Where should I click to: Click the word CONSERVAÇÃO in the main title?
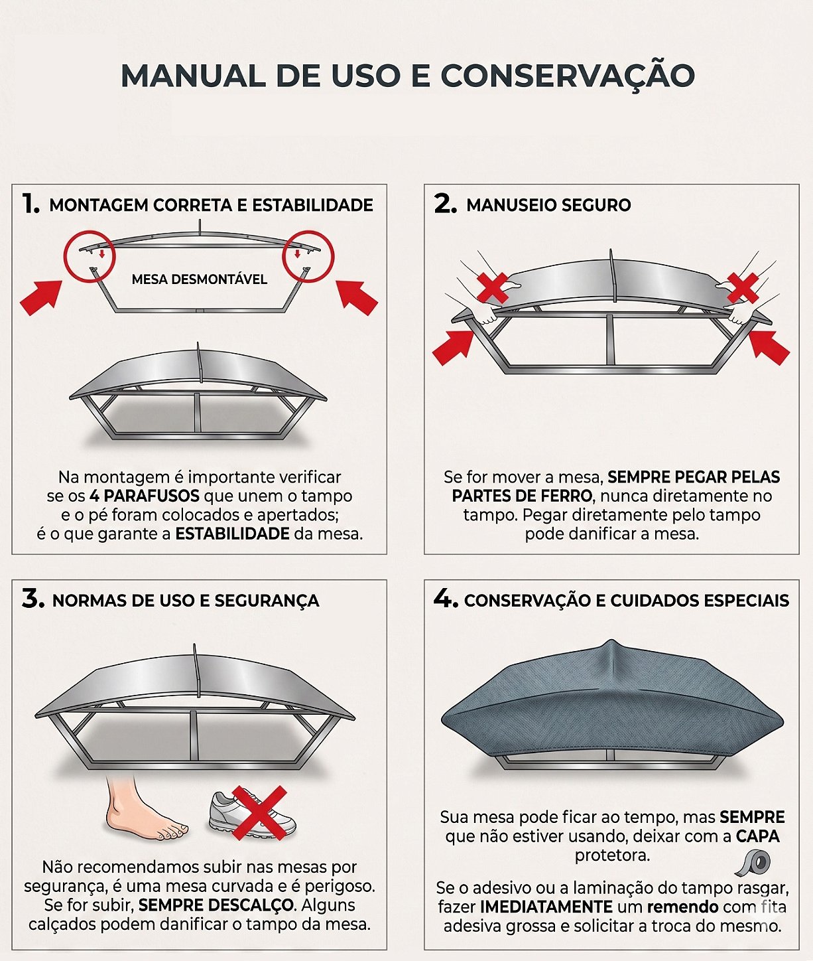[x=567, y=75]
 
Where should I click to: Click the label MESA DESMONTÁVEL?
[x=200, y=279]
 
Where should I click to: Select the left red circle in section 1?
[x=90, y=256]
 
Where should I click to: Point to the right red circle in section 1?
[x=308, y=256]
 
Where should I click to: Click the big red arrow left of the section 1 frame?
[x=41, y=297]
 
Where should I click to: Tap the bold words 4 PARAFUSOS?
[x=145, y=496]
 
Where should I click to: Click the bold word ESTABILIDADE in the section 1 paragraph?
[x=232, y=534]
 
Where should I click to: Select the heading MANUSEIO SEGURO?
[x=548, y=205]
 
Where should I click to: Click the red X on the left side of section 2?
[x=493, y=288]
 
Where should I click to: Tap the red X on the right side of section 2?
[x=743, y=288]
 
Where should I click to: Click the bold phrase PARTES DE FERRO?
[x=522, y=496]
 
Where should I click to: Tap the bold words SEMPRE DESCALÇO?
[x=216, y=905]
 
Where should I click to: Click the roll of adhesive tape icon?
[x=753, y=863]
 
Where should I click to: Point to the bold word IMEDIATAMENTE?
[x=546, y=907]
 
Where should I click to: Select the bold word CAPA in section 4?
[x=758, y=836]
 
